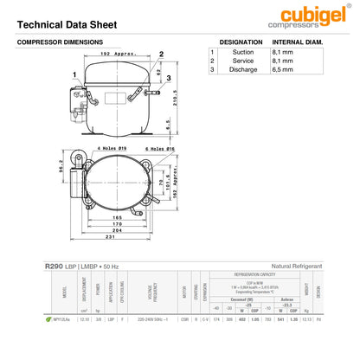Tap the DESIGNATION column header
click(241, 42)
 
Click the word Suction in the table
click(243, 52)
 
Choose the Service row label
click(243, 61)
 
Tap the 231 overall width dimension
click(115, 236)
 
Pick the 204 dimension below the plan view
click(115, 229)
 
